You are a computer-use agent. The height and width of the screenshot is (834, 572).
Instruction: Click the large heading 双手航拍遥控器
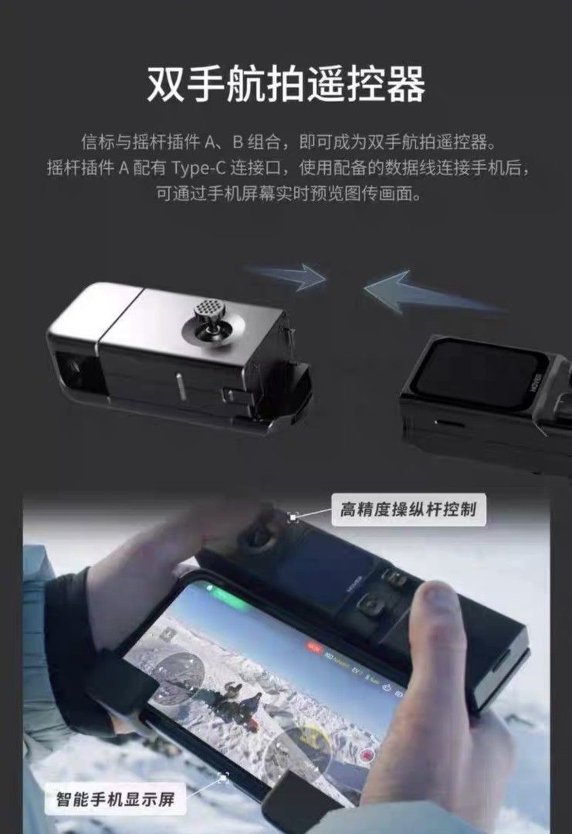click(286, 84)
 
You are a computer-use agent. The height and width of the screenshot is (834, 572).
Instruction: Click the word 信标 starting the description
click(94, 142)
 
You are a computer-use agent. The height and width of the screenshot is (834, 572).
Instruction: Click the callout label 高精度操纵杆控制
click(409, 510)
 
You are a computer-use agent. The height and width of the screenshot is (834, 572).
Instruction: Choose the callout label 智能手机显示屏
click(120, 799)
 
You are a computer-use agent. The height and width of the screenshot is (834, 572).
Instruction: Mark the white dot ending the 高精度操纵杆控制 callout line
click(293, 517)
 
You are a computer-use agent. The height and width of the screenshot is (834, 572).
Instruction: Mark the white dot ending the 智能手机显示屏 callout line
click(224, 776)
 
